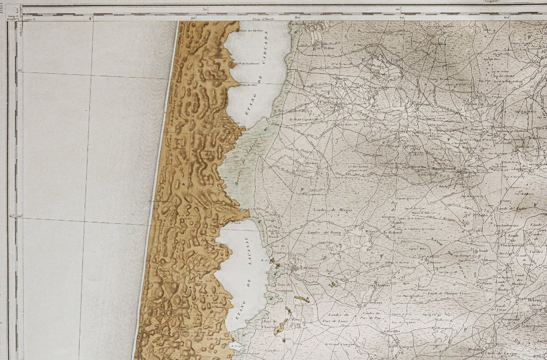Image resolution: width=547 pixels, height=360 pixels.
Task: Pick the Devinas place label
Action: [x=311, y=162]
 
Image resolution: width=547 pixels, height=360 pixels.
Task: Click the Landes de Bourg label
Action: [x=321, y=231]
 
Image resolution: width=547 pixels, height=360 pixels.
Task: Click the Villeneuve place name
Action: [x=488, y=260]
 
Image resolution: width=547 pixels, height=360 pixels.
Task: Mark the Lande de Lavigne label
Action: [x=501, y=353]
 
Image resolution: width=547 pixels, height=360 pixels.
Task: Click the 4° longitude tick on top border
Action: [x=90, y=18]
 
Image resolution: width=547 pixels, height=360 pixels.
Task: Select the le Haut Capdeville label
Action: [x=305, y=120]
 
